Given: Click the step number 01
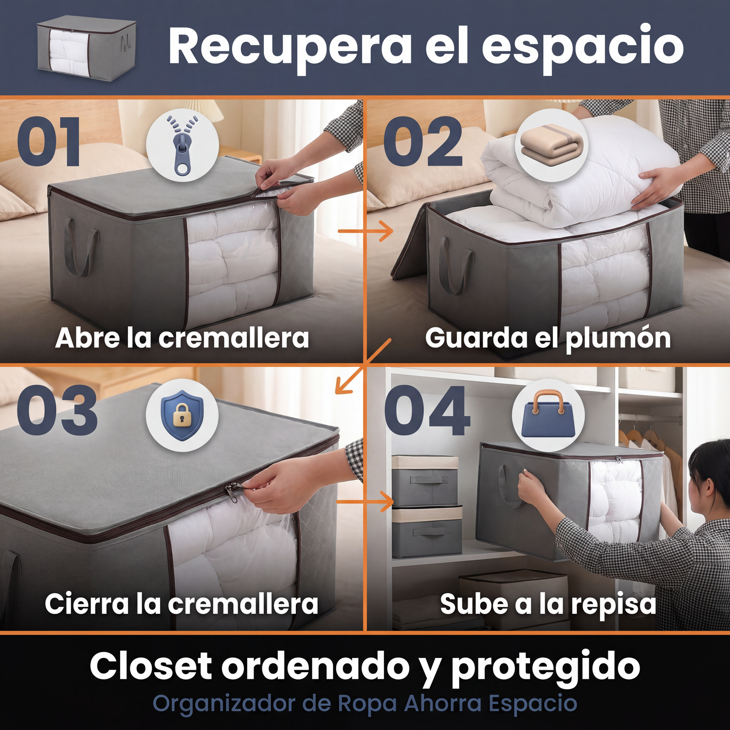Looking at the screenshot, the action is click(x=49, y=142).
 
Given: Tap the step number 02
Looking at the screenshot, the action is click(x=423, y=142).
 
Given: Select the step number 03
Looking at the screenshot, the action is click(x=57, y=410).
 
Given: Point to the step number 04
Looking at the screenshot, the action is click(x=427, y=410).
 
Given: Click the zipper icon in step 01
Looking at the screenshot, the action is click(x=182, y=145).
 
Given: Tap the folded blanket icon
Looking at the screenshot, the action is click(x=551, y=145).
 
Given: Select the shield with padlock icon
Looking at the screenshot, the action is click(x=182, y=415).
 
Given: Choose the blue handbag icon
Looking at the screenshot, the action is click(x=548, y=414).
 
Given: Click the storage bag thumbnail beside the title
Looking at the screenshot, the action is click(x=87, y=48).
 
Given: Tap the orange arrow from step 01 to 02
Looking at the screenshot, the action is click(x=365, y=231).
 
